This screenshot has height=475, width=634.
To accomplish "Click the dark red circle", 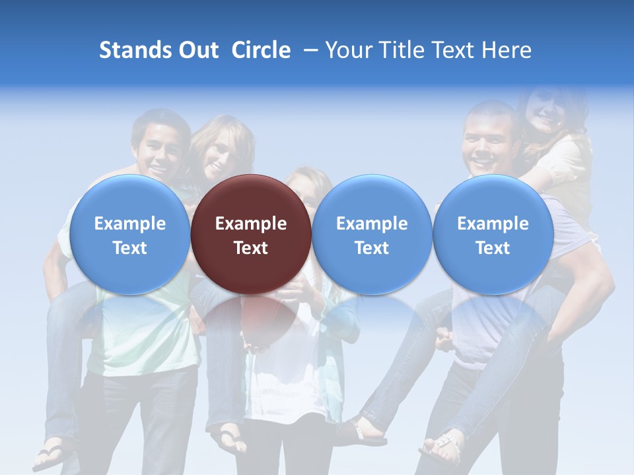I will (x=251, y=234).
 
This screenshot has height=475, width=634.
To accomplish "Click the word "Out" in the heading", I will (x=197, y=50).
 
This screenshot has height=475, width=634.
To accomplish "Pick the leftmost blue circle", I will (x=130, y=234).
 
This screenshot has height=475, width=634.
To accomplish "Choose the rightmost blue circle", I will (x=493, y=234).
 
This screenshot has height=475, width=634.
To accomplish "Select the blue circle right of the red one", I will (x=372, y=234).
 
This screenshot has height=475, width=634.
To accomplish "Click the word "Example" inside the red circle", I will (x=251, y=224).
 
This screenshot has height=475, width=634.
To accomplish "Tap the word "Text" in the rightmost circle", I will (x=493, y=248).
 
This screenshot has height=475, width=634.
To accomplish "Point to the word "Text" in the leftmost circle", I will (x=130, y=248).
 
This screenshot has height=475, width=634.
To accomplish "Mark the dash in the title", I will (x=311, y=50).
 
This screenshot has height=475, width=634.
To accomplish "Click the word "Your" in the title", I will (x=347, y=50).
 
